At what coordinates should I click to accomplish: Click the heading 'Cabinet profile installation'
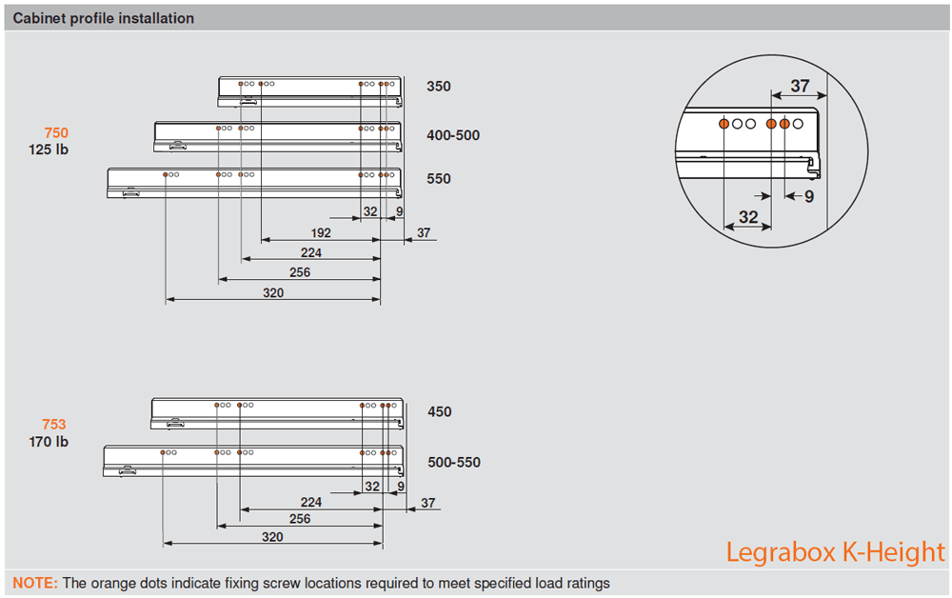pos(104,18)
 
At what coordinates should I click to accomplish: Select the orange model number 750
pos(56,133)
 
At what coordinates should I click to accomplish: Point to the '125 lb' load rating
pos(49,149)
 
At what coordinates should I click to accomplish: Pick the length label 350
pos(439,87)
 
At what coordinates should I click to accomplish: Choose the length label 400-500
pos(453,135)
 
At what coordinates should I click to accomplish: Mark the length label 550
pos(439,179)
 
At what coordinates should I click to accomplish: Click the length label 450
pos(439,412)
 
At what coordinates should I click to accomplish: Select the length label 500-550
pos(454,463)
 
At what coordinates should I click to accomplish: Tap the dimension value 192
pos(320,233)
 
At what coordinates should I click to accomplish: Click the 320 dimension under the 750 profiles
pos(273,293)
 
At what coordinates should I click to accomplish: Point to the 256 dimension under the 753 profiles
pos(300,519)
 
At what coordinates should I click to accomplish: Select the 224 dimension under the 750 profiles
pos(310,253)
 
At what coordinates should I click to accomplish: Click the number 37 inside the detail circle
pos(800,86)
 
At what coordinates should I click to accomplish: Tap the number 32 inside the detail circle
pos(748,217)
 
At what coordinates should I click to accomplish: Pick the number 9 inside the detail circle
pos(809,197)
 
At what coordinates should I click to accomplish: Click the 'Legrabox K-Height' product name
pos(836,552)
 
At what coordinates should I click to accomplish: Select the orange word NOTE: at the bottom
pos(35,583)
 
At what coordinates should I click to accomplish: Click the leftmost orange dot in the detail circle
pos(724,124)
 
